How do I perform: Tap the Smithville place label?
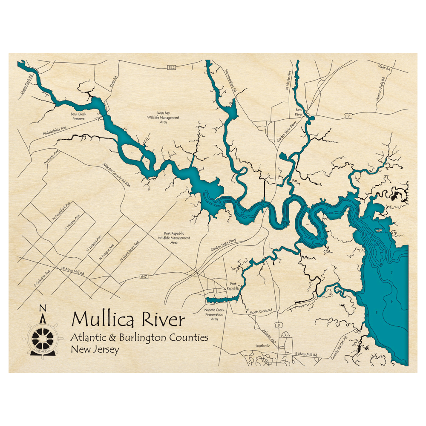pos(263,346)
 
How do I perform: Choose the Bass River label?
pos(299,112)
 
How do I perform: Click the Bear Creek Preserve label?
pos(78,116)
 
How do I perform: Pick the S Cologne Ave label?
pos(43,277)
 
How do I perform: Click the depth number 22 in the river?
pos(242,213)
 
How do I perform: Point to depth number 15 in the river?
pos(220,203)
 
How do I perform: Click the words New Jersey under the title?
pos(95,350)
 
